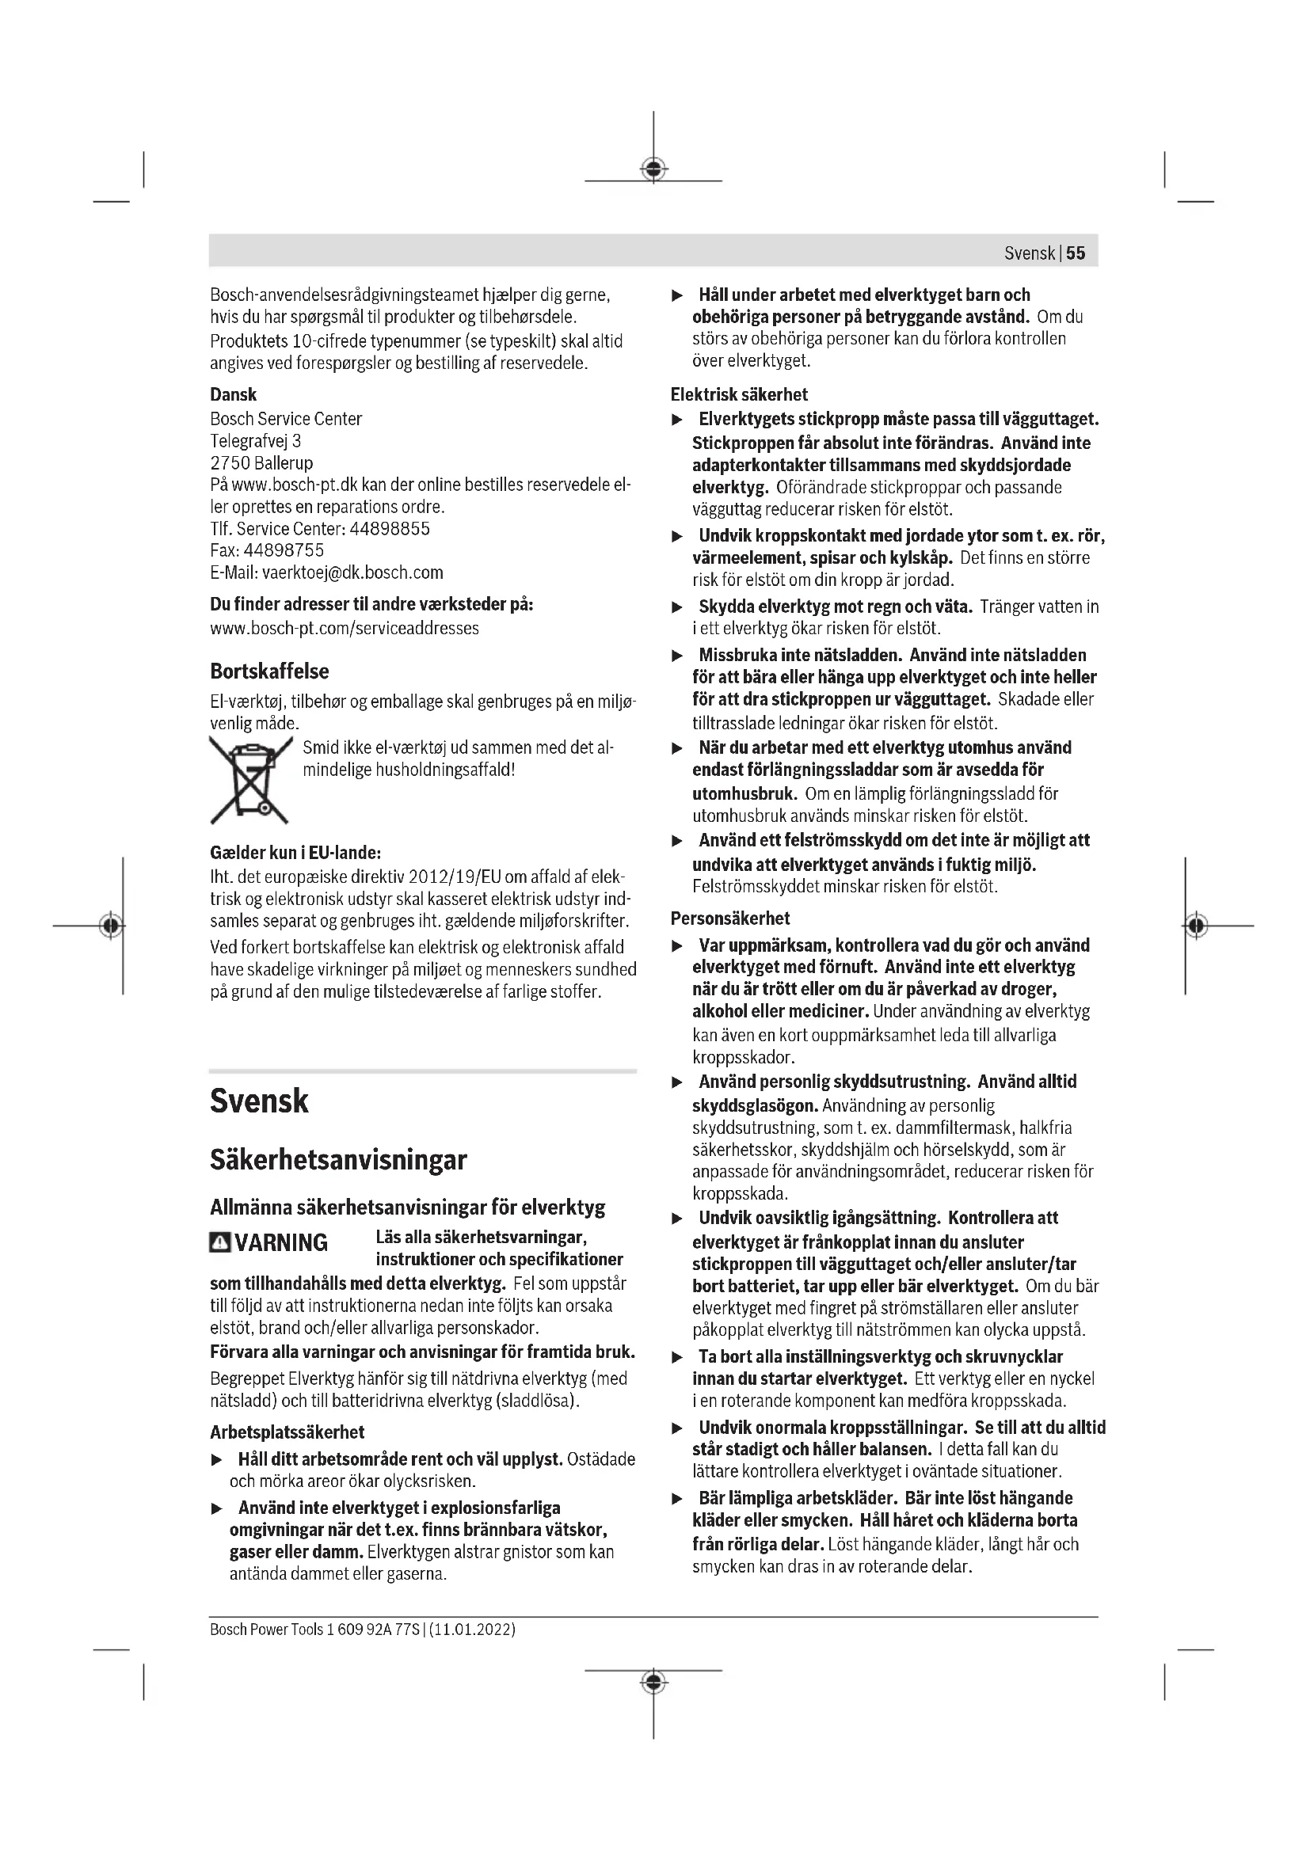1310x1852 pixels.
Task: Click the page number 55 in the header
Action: click(x=1076, y=253)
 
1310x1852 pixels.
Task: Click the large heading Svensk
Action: click(x=259, y=1102)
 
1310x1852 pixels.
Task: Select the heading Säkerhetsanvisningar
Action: click(x=338, y=1161)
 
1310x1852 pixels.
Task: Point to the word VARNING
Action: click(x=281, y=1243)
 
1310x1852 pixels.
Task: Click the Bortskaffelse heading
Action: click(x=269, y=671)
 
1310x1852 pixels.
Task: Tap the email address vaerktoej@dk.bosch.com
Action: click(x=352, y=572)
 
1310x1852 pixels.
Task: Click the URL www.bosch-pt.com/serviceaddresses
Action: click(x=345, y=629)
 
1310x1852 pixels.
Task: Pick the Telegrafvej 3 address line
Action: click(x=256, y=441)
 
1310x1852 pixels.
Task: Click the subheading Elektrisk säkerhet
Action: click(x=739, y=394)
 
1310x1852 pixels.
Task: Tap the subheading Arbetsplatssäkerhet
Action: click(x=288, y=1432)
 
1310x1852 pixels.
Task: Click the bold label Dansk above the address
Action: click(x=233, y=394)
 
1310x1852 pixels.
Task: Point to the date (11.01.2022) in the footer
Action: click(x=473, y=1630)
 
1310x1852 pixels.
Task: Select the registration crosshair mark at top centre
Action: click(x=653, y=169)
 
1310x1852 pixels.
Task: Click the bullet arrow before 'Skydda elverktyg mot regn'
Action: click(x=678, y=607)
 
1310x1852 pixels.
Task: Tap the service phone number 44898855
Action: click(x=390, y=529)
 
